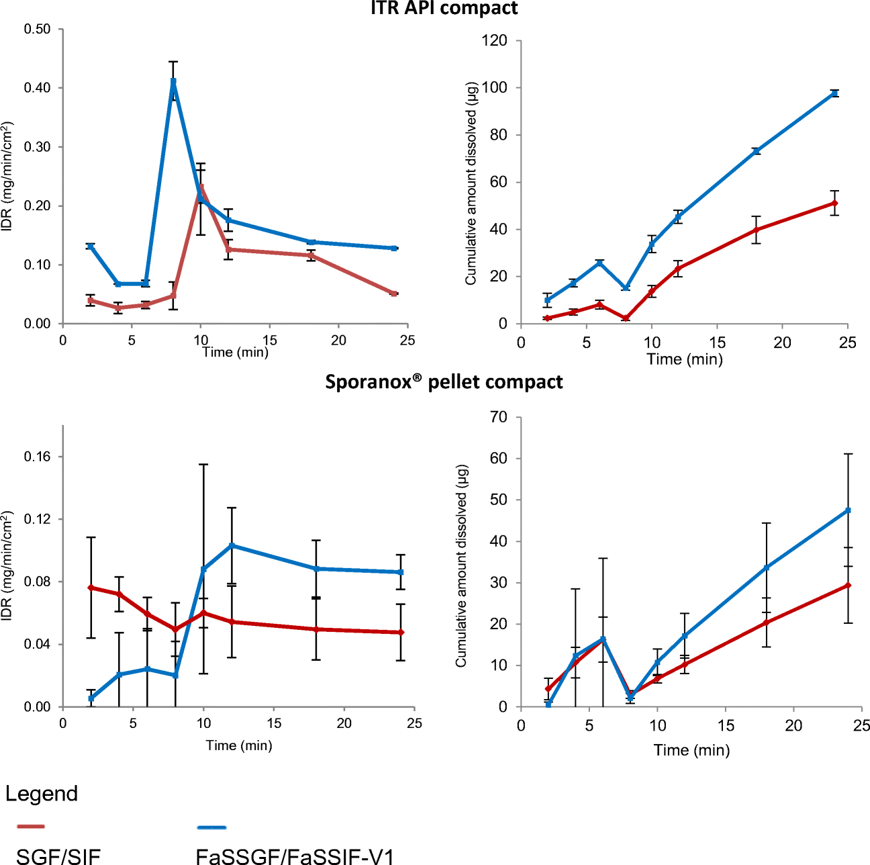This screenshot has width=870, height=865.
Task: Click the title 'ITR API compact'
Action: tap(444, 8)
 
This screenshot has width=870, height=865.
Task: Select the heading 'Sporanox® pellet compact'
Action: tap(444, 381)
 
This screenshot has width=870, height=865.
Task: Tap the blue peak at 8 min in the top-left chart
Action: tap(173, 81)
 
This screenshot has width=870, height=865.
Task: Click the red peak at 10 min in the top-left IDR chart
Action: tap(201, 187)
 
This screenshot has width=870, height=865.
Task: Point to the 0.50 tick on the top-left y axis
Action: tap(37, 29)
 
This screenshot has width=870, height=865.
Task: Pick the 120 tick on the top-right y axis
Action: tap(494, 40)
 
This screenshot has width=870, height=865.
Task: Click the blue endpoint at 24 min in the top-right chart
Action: tap(834, 93)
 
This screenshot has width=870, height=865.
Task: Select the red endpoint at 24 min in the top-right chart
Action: tap(834, 203)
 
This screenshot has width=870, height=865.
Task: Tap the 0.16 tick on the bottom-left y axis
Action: tap(37, 457)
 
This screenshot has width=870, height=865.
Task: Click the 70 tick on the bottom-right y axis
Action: tap(499, 417)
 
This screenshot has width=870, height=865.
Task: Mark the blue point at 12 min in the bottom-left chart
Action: tap(232, 545)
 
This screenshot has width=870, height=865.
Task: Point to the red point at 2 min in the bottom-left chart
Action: tap(91, 588)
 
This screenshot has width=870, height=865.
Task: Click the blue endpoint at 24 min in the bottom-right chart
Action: tap(848, 510)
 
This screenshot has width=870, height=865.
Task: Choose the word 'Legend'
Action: tap(42, 793)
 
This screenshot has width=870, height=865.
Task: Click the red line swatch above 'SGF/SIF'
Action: tap(30, 827)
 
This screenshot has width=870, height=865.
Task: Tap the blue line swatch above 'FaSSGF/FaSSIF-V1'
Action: tap(212, 828)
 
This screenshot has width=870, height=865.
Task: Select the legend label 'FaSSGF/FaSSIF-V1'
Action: tap(295, 856)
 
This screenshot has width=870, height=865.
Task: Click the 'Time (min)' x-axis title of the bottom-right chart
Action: tap(691, 750)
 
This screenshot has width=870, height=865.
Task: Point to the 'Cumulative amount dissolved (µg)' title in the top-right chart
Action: tap(471, 183)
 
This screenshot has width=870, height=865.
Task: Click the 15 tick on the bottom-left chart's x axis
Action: tap(274, 723)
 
